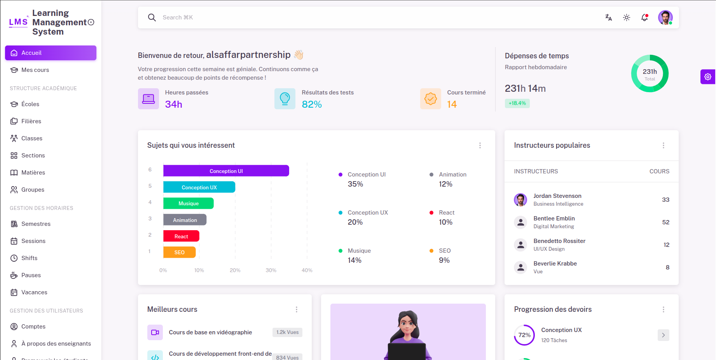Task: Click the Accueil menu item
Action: (x=51, y=53)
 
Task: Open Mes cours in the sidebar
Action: (x=35, y=70)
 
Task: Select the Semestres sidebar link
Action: (x=36, y=224)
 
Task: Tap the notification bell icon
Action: (x=644, y=17)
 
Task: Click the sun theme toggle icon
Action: (x=627, y=17)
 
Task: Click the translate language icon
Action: (x=609, y=17)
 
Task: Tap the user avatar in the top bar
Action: (x=665, y=17)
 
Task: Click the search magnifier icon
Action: (x=152, y=17)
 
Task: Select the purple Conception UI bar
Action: (x=226, y=171)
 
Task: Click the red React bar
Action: (x=181, y=236)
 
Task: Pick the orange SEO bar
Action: (x=179, y=252)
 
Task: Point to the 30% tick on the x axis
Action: (x=271, y=270)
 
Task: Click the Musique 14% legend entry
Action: (x=355, y=255)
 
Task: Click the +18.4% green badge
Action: (x=517, y=103)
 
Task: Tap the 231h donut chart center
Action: (x=650, y=73)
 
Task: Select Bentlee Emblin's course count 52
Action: (x=665, y=222)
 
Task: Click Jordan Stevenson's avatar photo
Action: (x=520, y=200)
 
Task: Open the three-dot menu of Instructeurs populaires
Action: (x=663, y=145)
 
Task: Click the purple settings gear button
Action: (x=707, y=77)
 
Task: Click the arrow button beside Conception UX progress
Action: (x=663, y=335)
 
